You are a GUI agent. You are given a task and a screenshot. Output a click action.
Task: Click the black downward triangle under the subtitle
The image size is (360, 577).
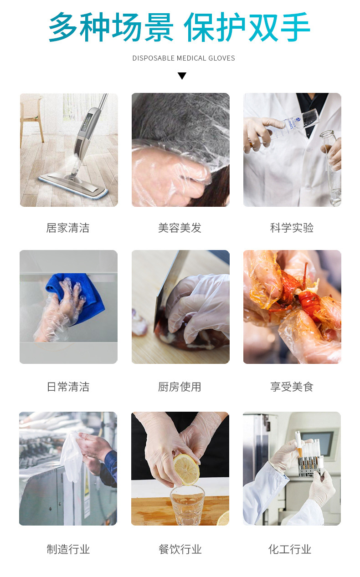(182, 76)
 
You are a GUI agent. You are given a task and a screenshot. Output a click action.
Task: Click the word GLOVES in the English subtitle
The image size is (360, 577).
(221, 58)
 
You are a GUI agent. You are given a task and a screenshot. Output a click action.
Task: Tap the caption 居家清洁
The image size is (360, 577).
(68, 228)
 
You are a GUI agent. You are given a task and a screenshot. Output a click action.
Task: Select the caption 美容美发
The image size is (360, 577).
(180, 228)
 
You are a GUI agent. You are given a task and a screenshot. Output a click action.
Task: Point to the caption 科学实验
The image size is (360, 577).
(292, 228)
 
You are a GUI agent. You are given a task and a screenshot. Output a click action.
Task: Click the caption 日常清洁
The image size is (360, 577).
(68, 387)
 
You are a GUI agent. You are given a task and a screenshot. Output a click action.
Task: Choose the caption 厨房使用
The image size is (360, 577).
(180, 387)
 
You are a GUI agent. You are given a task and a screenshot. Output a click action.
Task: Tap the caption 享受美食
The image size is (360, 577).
(292, 387)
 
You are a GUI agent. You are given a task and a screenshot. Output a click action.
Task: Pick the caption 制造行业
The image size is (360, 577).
(68, 549)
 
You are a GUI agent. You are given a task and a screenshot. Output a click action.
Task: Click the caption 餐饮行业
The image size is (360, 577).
(180, 549)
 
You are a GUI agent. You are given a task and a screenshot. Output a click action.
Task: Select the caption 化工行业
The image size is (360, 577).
(290, 549)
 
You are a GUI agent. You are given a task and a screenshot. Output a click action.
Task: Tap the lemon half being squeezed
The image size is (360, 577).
(186, 468)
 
